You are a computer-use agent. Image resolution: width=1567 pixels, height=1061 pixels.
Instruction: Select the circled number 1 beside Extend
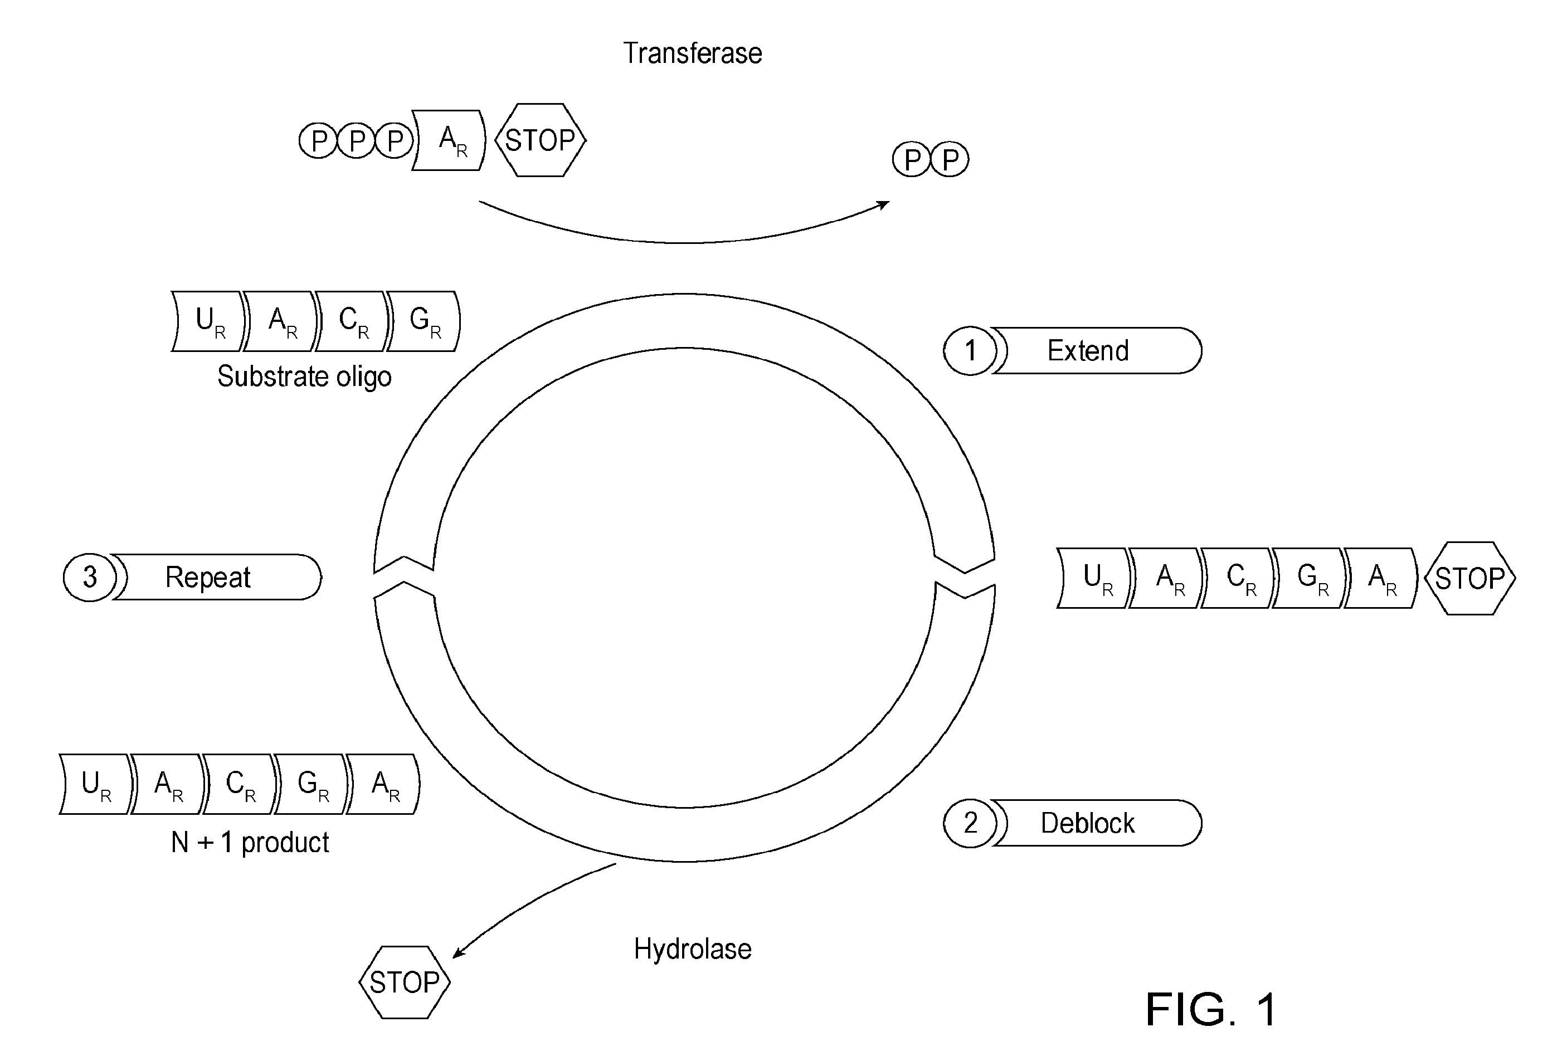(x=970, y=350)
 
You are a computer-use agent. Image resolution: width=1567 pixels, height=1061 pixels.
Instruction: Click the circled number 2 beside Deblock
(x=970, y=823)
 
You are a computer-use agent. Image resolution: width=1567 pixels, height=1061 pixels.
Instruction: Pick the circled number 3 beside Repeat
(x=90, y=577)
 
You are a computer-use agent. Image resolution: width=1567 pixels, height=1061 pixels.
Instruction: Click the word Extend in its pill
(x=1088, y=350)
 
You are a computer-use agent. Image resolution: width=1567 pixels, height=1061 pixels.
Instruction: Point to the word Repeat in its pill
(x=208, y=577)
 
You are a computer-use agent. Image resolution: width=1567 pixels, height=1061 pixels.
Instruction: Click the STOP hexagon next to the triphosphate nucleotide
(x=540, y=140)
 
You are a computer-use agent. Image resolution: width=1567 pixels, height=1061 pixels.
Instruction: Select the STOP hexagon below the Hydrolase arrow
(x=405, y=982)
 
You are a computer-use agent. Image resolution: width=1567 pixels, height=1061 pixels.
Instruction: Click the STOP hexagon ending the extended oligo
(x=1470, y=578)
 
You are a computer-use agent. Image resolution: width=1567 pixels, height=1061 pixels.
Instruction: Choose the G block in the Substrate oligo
(x=424, y=321)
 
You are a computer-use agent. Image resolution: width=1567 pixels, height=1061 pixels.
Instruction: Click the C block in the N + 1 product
(x=240, y=785)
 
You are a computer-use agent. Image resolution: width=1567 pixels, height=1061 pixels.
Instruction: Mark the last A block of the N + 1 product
(x=383, y=785)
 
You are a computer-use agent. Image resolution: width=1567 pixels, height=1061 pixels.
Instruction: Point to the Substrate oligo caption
(x=304, y=376)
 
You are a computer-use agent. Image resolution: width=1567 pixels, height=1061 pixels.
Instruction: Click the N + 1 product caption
(x=250, y=843)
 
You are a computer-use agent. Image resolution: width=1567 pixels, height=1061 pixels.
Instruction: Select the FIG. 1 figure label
(x=1211, y=1010)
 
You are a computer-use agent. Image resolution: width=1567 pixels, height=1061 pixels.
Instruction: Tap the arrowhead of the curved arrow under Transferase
(x=884, y=204)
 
